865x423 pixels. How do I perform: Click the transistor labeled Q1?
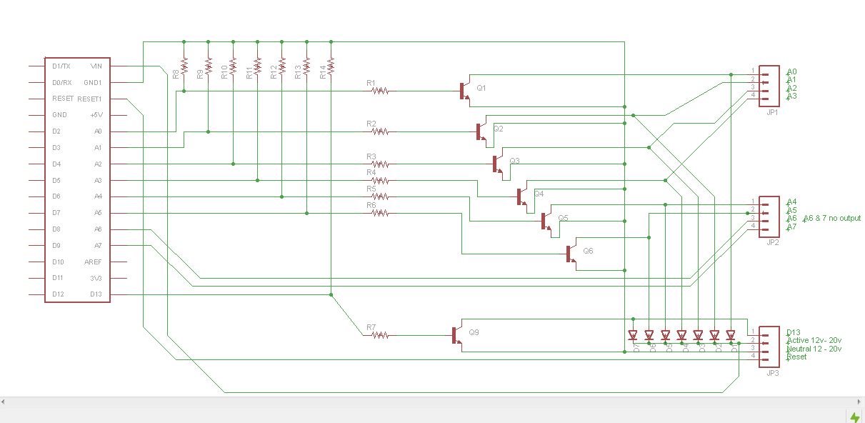[x=464, y=91]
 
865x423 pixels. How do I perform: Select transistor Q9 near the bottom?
[x=456, y=335]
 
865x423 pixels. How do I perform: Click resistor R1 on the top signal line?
[x=380, y=91]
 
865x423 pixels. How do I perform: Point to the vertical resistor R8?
[x=184, y=67]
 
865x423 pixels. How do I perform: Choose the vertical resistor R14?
[x=331, y=67]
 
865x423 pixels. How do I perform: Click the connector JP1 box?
[x=769, y=86]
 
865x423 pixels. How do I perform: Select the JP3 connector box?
[x=769, y=347]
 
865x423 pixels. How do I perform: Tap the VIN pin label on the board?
[x=96, y=66]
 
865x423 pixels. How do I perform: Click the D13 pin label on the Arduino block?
[x=96, y=294]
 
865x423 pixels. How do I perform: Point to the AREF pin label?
[x=94, y=262]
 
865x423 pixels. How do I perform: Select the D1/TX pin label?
[x=61, y=66]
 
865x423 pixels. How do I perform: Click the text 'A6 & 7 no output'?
[x=831, y=218]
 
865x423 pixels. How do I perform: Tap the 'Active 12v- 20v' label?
[x=814, y=340]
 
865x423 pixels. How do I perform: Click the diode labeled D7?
[x=632, y=334]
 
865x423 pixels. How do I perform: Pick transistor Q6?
[x=571, y=254]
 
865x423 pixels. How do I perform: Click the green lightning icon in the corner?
[x=854, y=417]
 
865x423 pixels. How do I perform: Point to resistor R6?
[x=380, y=213]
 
